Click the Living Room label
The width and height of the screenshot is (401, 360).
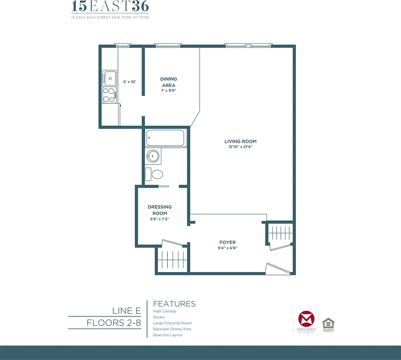(241, 141)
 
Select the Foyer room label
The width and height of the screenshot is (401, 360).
(227, 242)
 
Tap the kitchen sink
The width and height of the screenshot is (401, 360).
(109, 78)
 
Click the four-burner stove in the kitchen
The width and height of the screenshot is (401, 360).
(109, 95)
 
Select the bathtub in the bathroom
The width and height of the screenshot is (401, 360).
(165, 138)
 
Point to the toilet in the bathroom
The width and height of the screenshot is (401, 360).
(155, 174)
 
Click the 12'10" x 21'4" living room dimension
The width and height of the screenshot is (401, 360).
(241, 147)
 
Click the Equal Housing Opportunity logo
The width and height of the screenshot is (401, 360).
(329, 324)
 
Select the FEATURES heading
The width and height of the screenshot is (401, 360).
(174, 304)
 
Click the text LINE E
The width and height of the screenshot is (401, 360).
(126, 311)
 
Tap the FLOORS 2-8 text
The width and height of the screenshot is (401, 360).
(114, 323)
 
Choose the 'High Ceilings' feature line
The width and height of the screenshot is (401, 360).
(165, 311)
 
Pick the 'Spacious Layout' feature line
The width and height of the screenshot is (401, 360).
(168, 335)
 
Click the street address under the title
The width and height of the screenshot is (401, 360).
(110, 18)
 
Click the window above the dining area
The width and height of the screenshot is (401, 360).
(168, 45)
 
